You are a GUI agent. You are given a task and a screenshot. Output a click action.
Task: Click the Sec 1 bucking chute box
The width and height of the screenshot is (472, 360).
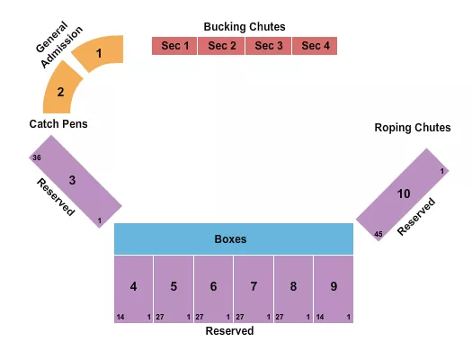tap(174, 46)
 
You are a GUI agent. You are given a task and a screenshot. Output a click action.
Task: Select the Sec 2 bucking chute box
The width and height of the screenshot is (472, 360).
tap(221, 46)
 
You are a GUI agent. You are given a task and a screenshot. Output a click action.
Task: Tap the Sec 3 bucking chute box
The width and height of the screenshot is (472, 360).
tap(268, 46)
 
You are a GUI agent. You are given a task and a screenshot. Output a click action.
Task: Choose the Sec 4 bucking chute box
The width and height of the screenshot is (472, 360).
tap(315, 46)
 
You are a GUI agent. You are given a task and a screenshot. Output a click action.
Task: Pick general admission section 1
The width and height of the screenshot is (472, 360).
tap(99, 54)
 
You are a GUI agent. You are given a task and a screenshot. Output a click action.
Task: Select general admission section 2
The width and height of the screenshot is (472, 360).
tap(61, 91)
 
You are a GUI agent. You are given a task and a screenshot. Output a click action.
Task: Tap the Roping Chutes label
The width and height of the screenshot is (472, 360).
tap(413, 128)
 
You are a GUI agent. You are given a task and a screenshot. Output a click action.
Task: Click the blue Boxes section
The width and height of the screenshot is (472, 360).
tap(233, 239)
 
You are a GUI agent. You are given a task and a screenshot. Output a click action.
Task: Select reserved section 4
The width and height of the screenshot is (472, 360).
tap(133, 287)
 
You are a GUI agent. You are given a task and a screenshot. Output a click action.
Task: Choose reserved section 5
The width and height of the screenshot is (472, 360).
tap(174, 287)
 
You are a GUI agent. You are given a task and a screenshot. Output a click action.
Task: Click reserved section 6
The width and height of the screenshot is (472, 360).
tap(213, 287)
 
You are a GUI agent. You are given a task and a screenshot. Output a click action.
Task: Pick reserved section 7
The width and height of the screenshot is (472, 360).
tap(254, 287)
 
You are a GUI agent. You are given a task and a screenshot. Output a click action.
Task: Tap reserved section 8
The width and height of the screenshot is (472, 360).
tap(293, 287)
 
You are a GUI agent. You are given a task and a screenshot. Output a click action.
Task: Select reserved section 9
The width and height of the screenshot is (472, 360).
tap(334, 287)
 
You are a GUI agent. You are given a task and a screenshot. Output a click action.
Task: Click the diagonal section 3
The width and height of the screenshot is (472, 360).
tap(75, 183)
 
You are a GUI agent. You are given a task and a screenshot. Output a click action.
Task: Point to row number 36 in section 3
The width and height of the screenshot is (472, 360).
tap(37, 157)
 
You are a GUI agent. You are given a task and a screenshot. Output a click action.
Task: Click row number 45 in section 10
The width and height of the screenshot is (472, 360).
tap(378, 235)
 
